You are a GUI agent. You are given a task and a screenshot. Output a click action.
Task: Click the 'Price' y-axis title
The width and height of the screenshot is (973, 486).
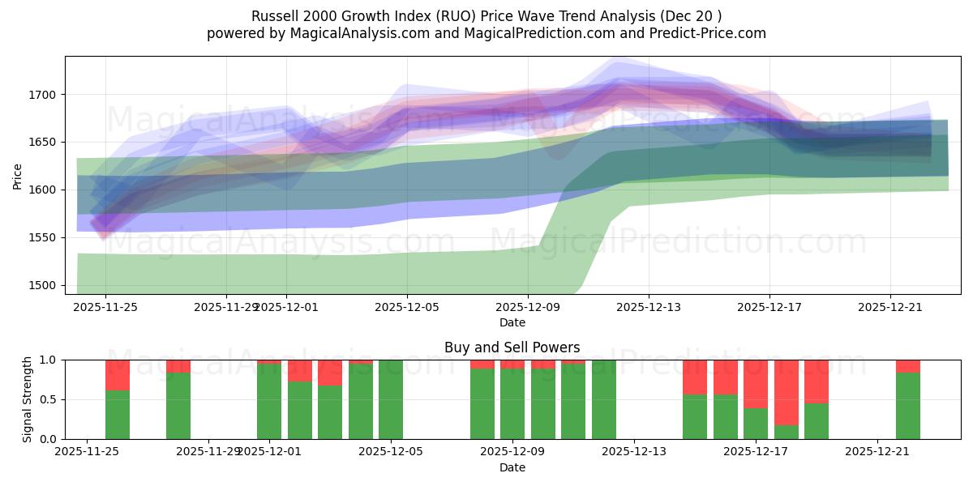pyautogui.click(x=18, y=175)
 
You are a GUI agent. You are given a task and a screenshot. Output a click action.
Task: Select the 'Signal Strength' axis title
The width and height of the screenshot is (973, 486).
pyautogui.click(x=28, y=399)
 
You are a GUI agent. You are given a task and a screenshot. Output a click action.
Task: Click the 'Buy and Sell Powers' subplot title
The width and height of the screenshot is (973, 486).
pyautogui.click(x=512, y=347)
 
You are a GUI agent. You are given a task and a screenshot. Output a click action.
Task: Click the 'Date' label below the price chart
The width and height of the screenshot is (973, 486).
pyautogui.click(x=512, y=322)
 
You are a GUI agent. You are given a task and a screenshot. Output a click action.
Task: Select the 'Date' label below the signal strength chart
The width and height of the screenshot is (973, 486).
pyautogui.click(x=512, y=467)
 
